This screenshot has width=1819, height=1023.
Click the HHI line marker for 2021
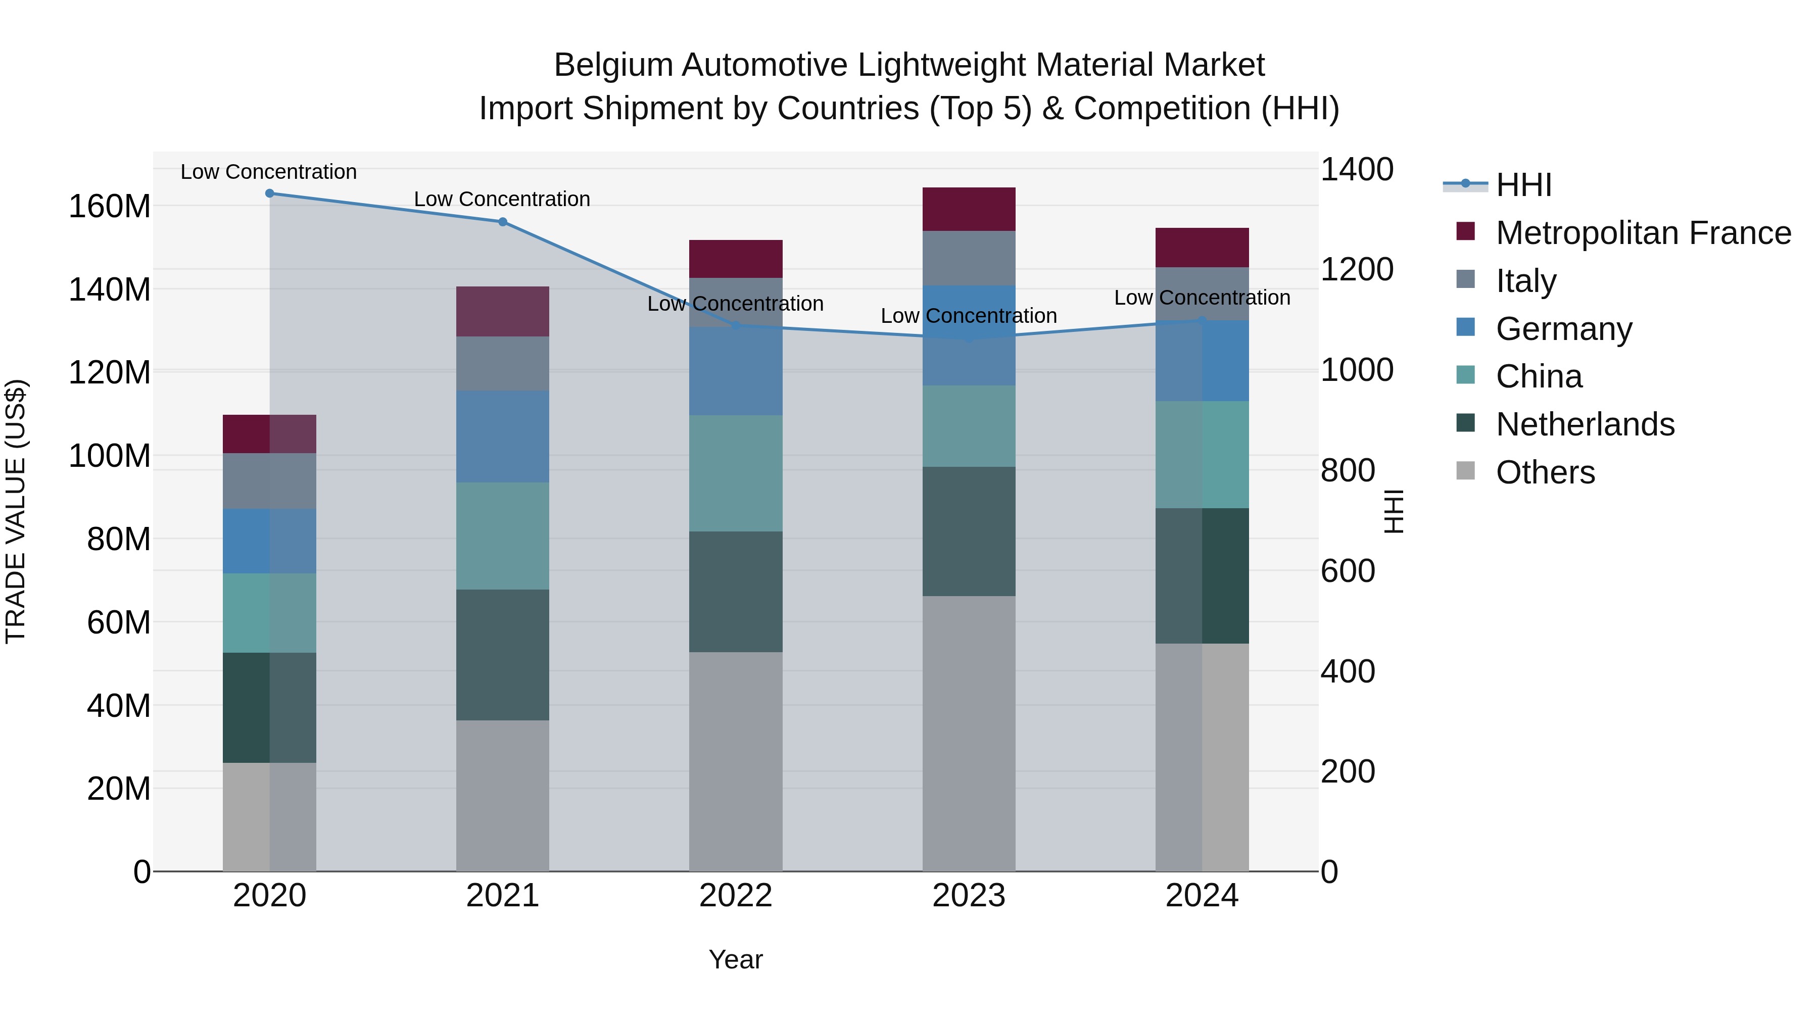click(503, 222)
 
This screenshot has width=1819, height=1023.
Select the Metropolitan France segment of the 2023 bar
click(969, 209)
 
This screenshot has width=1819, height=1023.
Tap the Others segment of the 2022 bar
click(736, 761)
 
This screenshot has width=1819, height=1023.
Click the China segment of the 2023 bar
click(969, 426)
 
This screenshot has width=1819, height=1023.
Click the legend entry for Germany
click(1563, 329)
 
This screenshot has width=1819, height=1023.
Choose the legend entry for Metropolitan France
click(1643, 233)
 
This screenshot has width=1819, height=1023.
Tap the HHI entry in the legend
click(1522, 185)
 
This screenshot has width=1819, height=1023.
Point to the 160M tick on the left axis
click(110, 207)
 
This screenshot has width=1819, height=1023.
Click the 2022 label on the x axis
click(736, 896)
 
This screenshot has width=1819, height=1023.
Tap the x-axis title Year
click(736, 959)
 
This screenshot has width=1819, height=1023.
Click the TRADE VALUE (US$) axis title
click(16, 511)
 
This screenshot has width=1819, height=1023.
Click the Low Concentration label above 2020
click(268, 172)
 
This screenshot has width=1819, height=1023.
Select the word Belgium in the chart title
click(613, 65)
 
